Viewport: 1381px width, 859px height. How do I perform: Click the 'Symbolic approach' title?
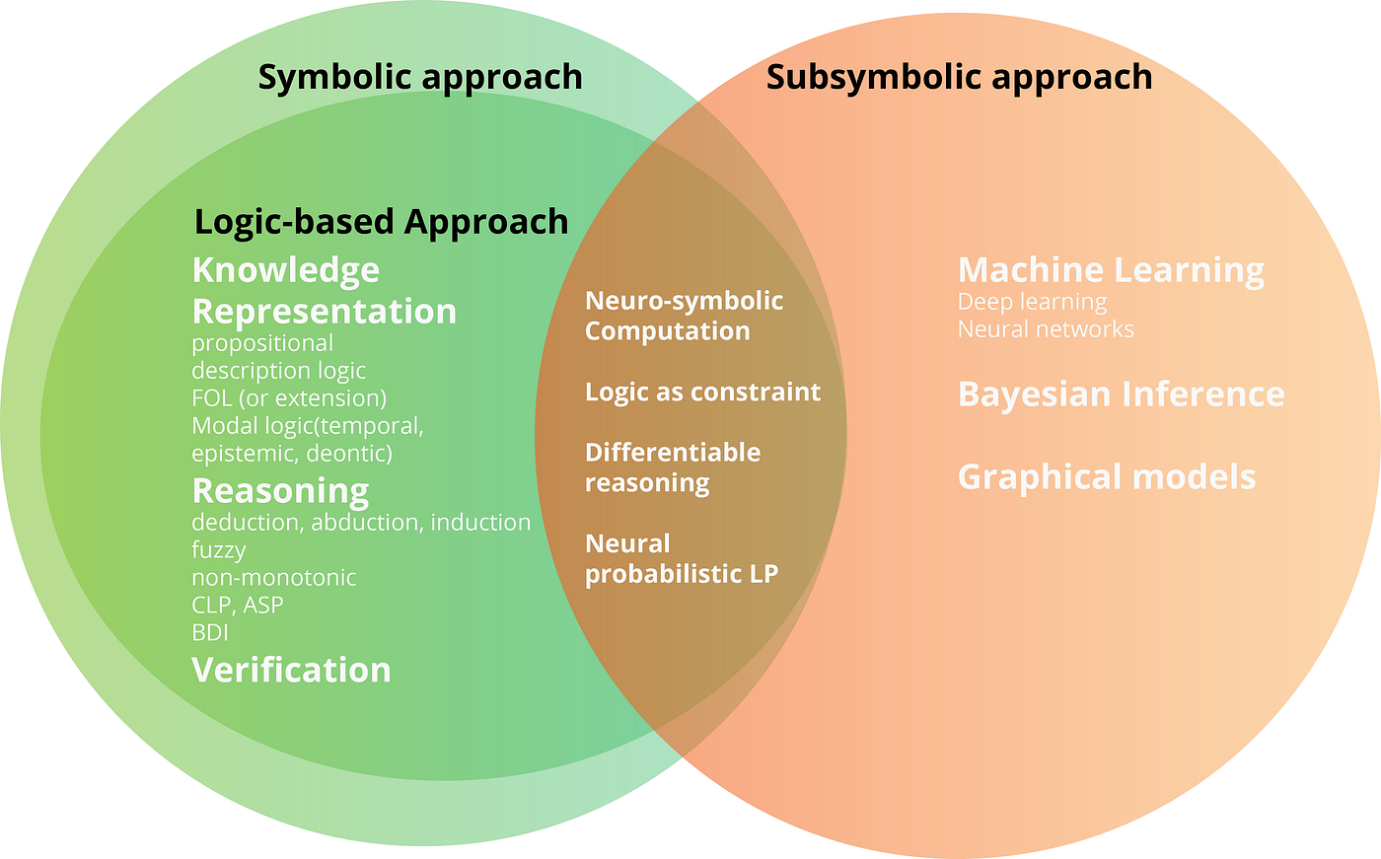420,77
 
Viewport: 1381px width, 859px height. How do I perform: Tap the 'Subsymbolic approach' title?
959,77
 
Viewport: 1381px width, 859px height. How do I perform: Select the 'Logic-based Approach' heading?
381,222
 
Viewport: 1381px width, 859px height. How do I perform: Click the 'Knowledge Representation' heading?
324,291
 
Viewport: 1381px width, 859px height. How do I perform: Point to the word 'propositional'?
262,343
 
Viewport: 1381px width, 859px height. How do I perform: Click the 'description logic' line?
278,371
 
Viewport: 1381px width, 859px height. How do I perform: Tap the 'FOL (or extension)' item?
289,398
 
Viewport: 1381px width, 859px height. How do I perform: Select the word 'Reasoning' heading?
280,490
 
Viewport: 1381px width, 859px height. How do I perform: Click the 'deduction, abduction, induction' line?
361,523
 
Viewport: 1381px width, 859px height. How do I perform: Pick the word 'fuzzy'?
218,550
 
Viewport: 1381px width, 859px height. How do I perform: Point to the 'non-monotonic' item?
274,578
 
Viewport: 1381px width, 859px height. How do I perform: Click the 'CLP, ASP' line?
238,605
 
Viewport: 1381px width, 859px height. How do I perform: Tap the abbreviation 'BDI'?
210,632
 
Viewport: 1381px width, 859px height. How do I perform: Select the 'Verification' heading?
291,671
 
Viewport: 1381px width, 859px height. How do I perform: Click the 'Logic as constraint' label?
702,393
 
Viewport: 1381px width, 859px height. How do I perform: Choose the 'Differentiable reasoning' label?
673,467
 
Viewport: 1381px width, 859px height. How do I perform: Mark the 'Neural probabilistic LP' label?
682,558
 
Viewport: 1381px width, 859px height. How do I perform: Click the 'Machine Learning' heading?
1111,270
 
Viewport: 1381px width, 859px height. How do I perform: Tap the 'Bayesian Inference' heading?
1121,394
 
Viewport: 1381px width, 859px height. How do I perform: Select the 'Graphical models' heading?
1107,477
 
